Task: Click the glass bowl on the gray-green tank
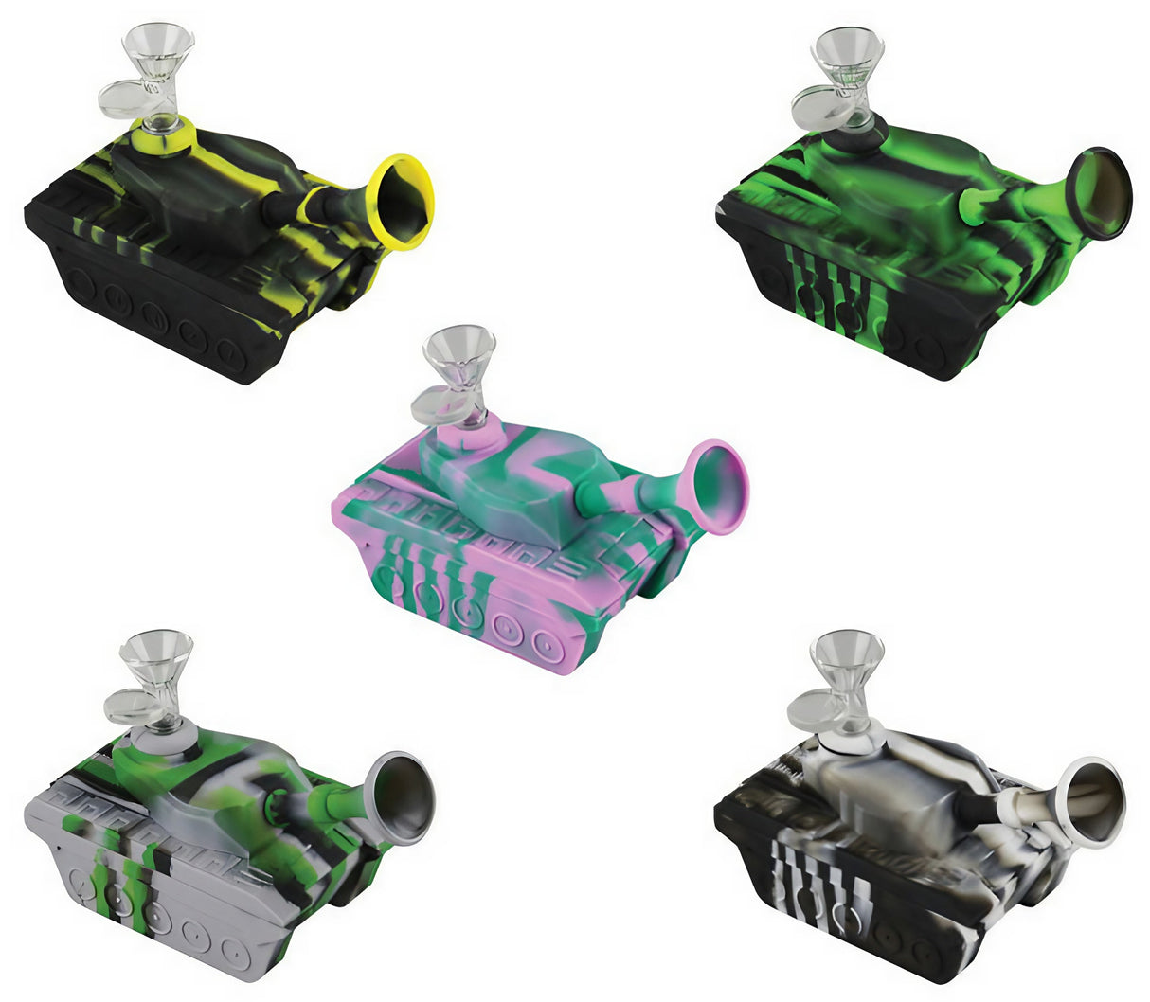coord(156,653)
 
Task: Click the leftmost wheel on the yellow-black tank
coord(78,283)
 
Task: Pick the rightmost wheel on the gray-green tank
coord(234,952)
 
